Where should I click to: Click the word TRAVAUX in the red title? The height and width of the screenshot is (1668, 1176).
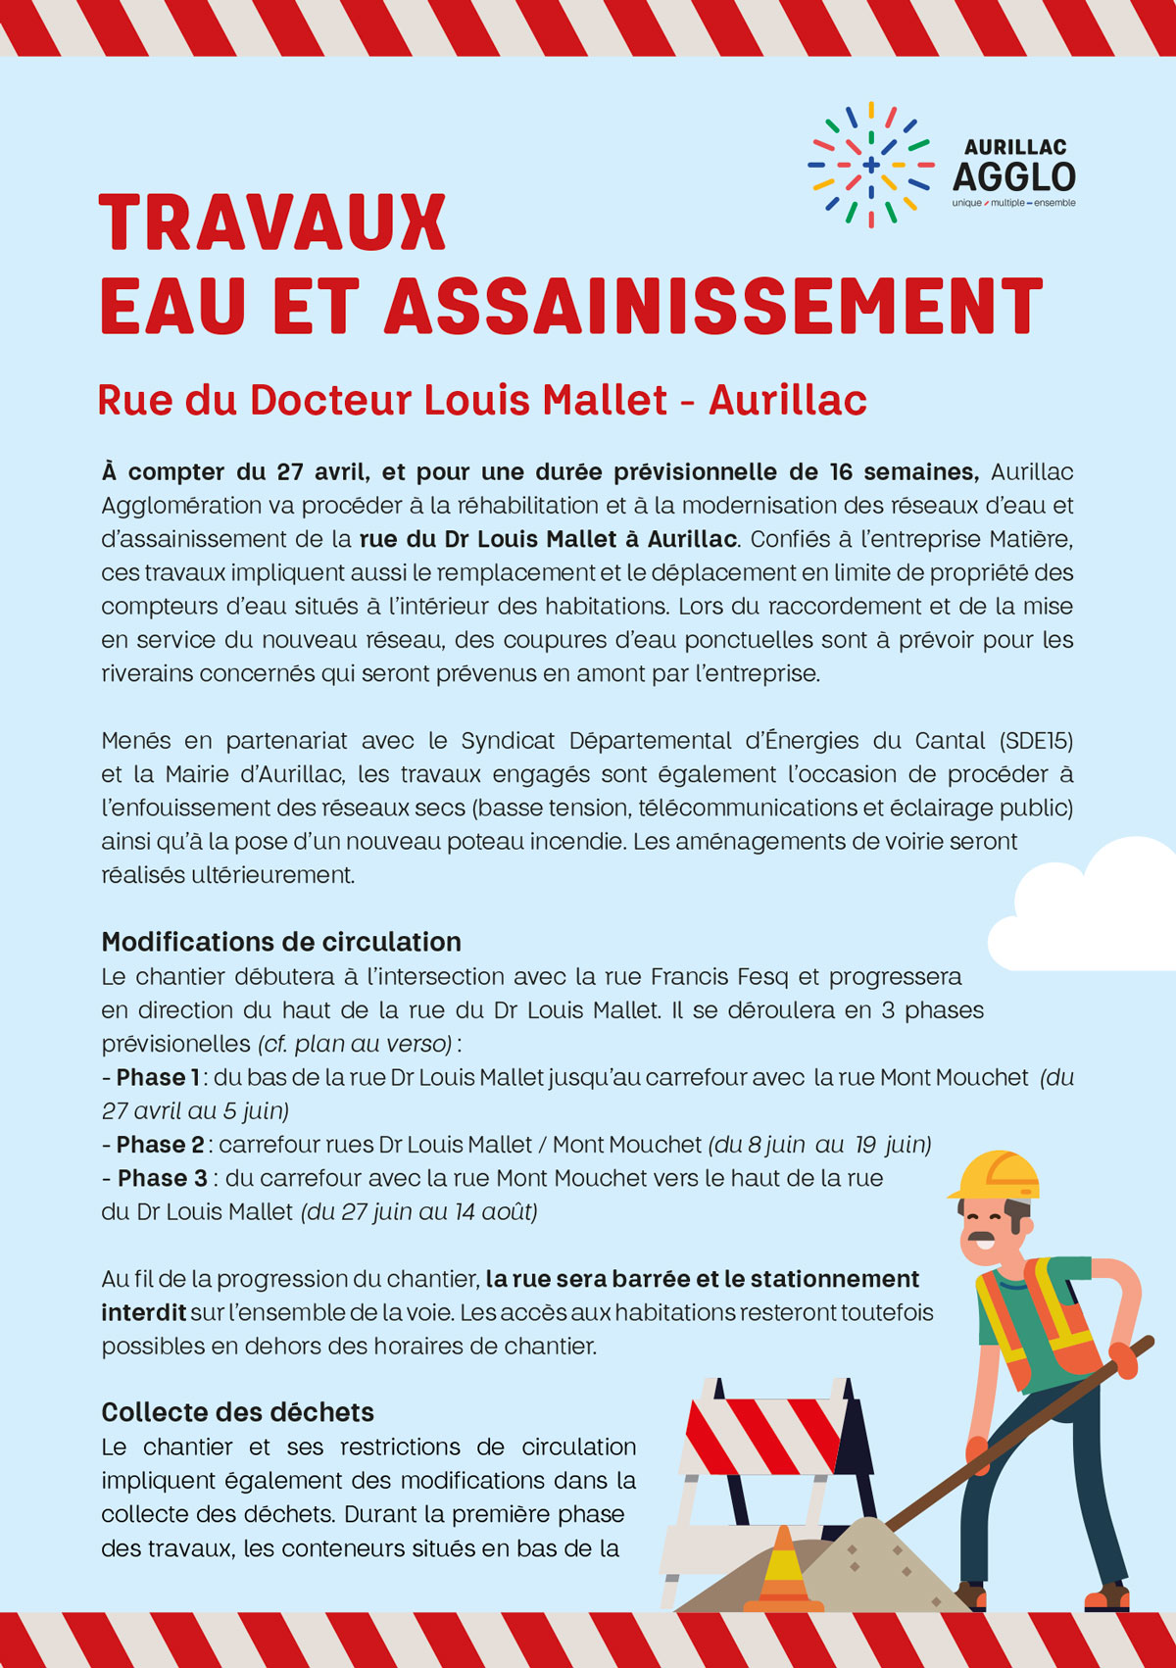pyautogui.click(x=272, y=223)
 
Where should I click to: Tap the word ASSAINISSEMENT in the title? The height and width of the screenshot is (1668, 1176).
pyautogui.click(x=713, y=307)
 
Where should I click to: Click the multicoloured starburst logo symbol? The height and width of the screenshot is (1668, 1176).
pyautogui.click(x=870, y=165)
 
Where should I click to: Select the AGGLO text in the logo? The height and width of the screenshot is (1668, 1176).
pyautogui.click(x=1014, y=177)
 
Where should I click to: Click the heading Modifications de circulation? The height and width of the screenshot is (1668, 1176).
pyautogui.click(x=281, y=942)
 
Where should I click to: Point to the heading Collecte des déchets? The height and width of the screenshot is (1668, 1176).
pyautogui.click(x=238, y=1412)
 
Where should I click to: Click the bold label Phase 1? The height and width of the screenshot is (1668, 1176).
pyautogui.click(x=158, y=1077)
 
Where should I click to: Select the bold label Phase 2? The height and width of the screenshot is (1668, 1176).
pyautogui.click(x=160, y=1145)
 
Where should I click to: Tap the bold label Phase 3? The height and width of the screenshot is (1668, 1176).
pyautogui.click(x=163, y=1178)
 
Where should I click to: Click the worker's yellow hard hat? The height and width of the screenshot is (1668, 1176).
pyautogui.click(x=996, y=1175)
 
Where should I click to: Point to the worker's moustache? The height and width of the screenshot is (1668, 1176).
pyautogui.click(x=981, y=1238)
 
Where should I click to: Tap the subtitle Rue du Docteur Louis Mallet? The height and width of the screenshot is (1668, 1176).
pyautogui.click(x=382, y=400)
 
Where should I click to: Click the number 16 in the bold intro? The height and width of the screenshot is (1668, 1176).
pyautogui.click(x=841, y=472)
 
